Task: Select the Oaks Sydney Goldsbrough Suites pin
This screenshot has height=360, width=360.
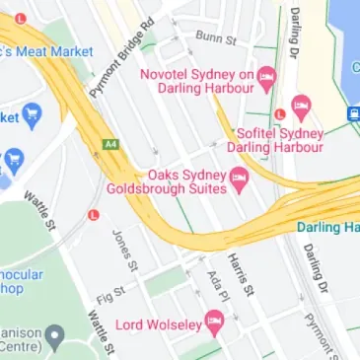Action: pyautogui.click(x=238, y=179)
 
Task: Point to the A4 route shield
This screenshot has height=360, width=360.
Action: pyautogui.click(x=109, y=144)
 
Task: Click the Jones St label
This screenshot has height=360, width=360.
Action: pyautogui.click(x=123, y=248)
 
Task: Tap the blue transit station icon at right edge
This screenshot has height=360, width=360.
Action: pyautogui.click(x=352, y=113)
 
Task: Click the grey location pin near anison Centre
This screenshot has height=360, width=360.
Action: pyautogui.click(x=55, y=336)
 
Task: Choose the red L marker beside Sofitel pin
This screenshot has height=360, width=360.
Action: pyautogui.click(x=281, y=113)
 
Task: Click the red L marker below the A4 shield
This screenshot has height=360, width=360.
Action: pyautogui.click(x=95, y=213)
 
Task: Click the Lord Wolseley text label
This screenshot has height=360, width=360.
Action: pyautogui.click(x=158, y=324)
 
